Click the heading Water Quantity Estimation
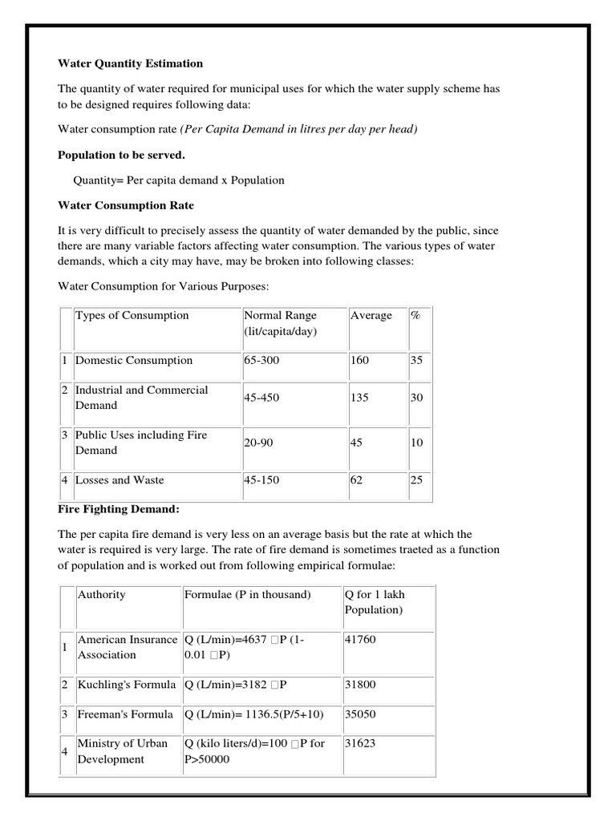coord(131,63)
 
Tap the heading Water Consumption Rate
coord(126,205)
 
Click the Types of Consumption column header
coord(132,315)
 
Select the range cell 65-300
coord(262,360)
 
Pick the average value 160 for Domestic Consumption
coord(360,360)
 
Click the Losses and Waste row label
coord(120,480)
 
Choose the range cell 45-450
coord(262,398)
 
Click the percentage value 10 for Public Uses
coord(416,443)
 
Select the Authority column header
coord(101,594)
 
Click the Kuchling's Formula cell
coord(125,685)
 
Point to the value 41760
coord(359,640)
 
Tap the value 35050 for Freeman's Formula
coord(359,714)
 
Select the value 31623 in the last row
coord(359,743)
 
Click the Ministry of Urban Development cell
coord(122,751)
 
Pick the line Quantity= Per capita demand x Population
coord(179,180)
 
